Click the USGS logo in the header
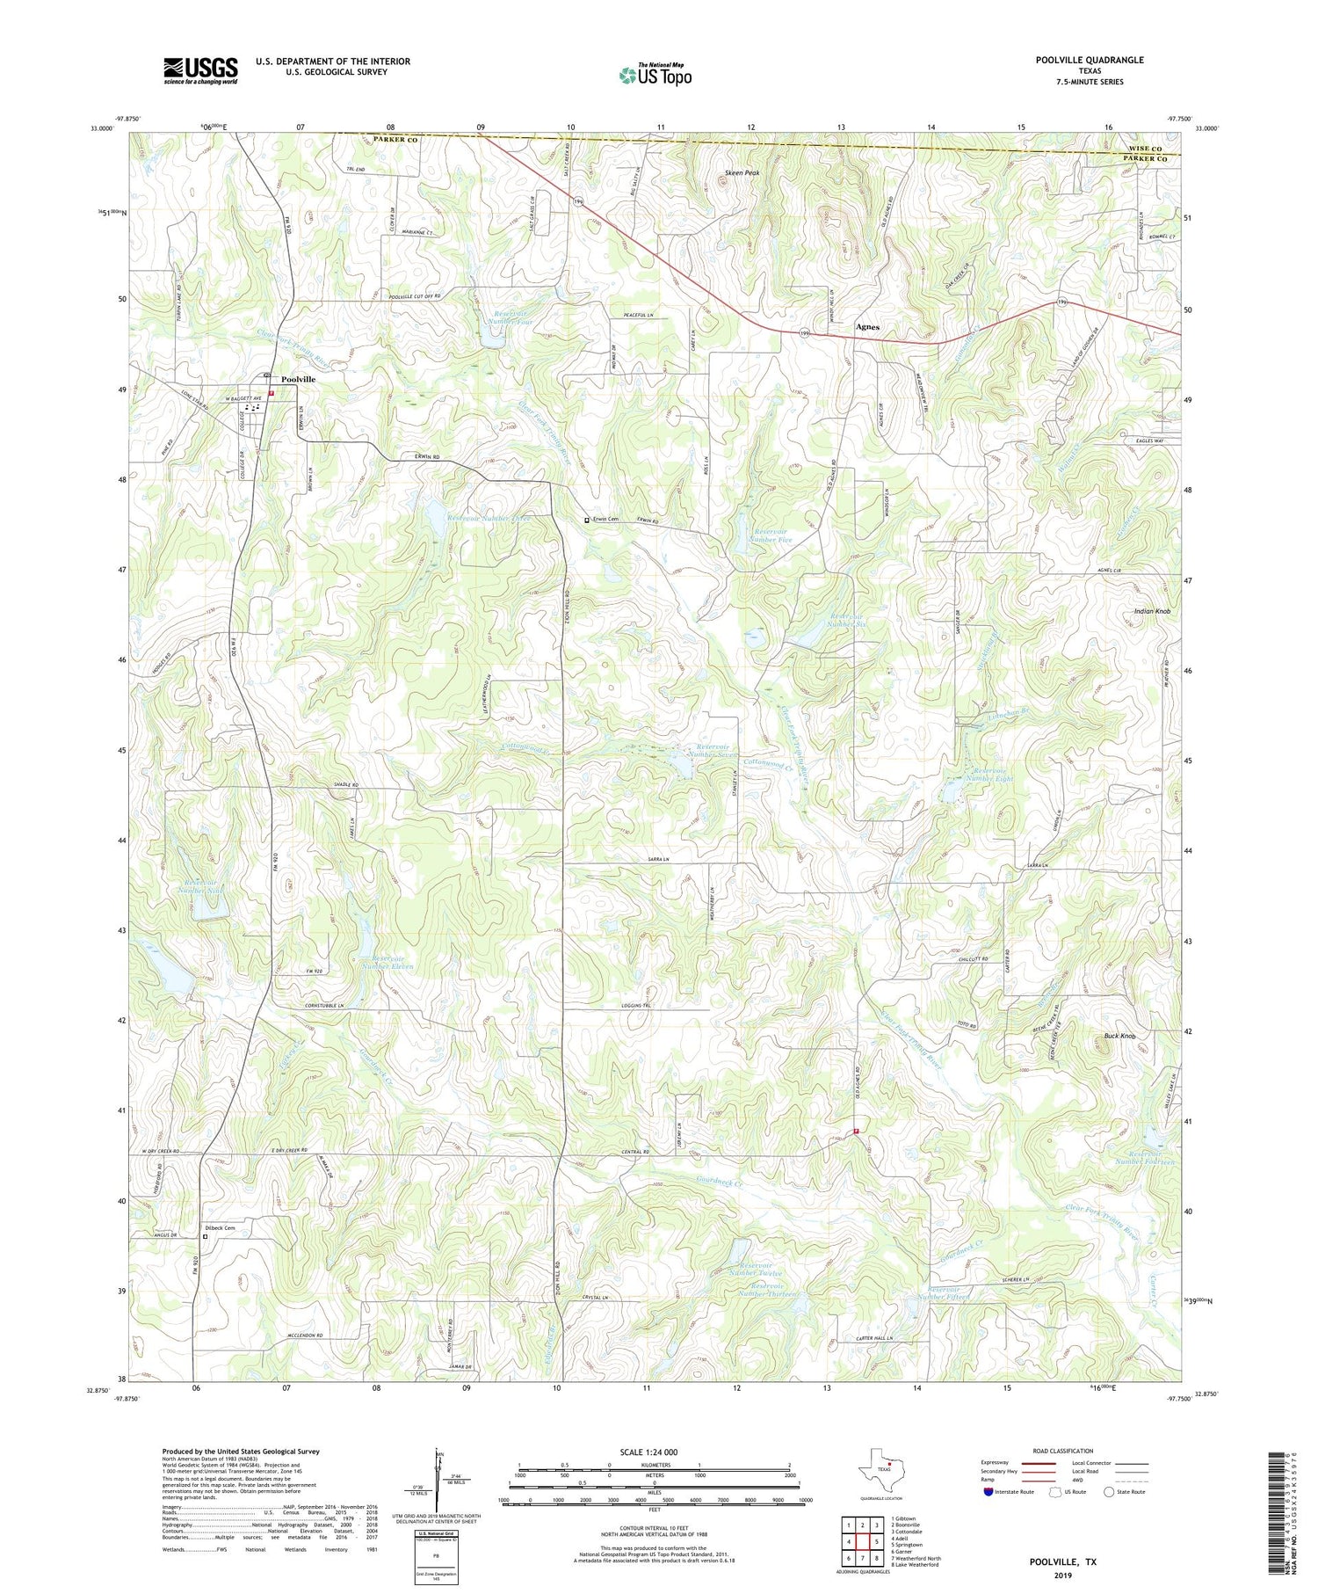point(200,70)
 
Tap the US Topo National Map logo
point(655,75)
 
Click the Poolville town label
point(298,379)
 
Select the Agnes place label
point(867,327)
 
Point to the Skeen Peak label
point(742,173)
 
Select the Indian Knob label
point(1151,611)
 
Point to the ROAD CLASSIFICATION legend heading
point(1063,1451)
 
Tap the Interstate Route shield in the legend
point(990,1491)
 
